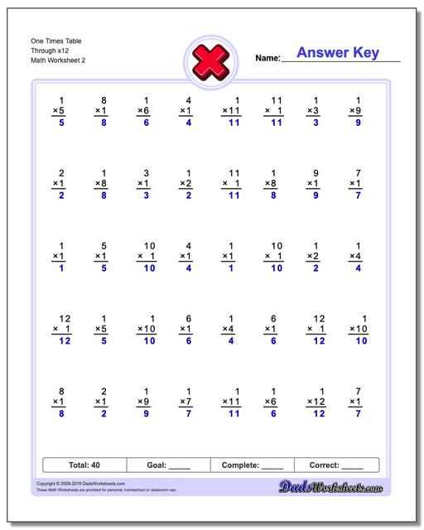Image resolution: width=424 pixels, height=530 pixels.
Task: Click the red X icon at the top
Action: pos(211,60)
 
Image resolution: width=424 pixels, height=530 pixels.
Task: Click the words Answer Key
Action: pos(338,53)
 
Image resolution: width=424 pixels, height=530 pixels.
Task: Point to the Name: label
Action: pos(267,58)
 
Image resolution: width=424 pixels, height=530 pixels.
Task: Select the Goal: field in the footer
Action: pos(168,465)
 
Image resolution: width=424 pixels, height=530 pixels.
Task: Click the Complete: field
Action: pos(252,465)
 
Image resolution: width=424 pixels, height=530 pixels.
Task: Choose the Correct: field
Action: pos(335,465)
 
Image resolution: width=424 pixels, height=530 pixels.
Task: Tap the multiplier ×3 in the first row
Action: pos(312,111)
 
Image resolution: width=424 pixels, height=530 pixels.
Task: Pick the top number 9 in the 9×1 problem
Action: pos(316,172)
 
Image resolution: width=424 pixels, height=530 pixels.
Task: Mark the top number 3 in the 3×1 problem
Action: pos(147,172)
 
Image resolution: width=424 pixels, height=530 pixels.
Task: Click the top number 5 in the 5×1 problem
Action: pos(104,245)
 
